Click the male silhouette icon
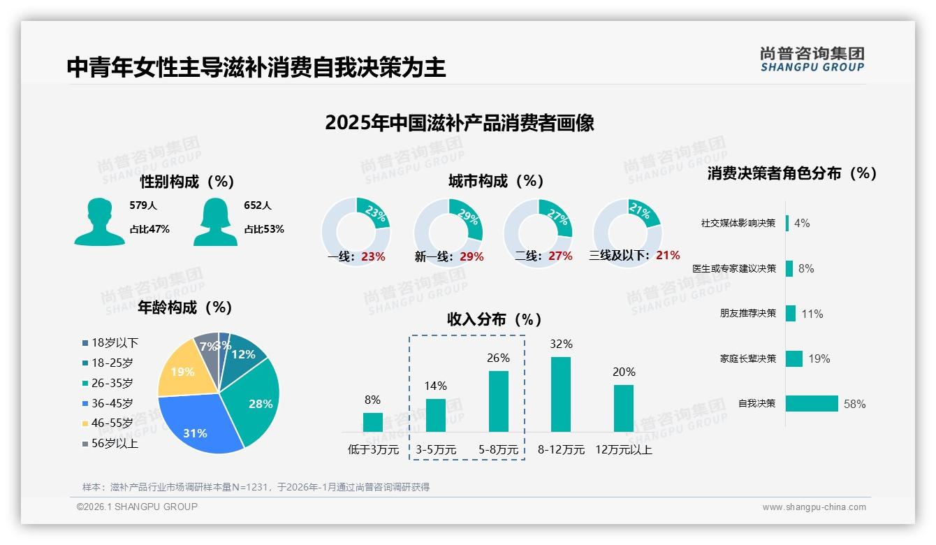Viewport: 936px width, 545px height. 99,222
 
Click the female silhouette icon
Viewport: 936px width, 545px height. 215,222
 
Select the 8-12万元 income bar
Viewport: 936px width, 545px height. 561,394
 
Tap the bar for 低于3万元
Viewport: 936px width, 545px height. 373,422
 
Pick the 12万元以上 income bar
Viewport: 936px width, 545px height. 624,408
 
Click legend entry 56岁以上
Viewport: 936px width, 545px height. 114,443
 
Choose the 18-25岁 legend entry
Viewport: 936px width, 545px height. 111,363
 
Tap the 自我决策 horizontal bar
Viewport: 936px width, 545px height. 812,403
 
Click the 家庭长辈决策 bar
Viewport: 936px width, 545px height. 794,358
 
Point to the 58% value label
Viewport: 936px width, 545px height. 854,404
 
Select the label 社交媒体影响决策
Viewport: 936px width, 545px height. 738,223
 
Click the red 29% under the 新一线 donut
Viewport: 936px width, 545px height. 471,256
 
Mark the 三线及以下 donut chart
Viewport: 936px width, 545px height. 627,224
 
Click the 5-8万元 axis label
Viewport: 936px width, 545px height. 499,449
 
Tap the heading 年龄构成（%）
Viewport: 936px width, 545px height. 185,307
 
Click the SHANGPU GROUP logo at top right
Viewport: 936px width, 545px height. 812,59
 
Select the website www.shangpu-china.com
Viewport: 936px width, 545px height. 814,507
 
